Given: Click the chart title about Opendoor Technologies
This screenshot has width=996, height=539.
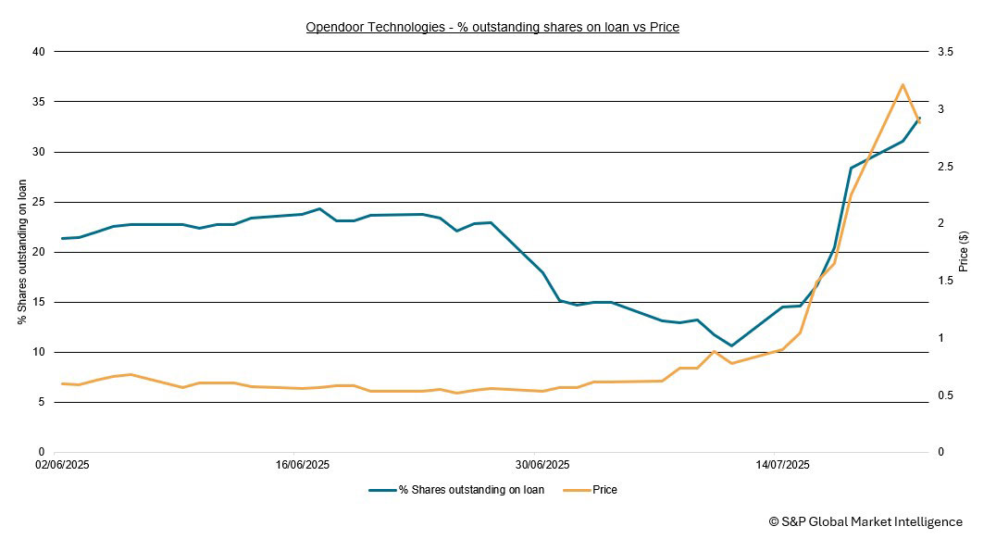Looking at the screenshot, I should click(492, 27).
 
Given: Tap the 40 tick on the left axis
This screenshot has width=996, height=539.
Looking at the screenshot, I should click(38, 52).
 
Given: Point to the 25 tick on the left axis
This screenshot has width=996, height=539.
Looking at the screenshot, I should click(38, 202).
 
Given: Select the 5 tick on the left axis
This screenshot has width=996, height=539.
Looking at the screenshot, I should click(41, 402).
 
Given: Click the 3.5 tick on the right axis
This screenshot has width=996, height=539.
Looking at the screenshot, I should click(945, 52).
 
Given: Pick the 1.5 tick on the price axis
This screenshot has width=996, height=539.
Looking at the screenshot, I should click(945, 281).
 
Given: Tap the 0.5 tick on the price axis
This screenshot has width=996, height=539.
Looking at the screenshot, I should click(945, 395).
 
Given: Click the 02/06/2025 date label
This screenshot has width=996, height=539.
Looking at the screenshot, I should click(63, 464).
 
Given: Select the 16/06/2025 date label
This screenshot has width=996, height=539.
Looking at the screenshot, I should click(302, 464).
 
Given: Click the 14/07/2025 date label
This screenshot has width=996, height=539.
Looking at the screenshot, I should click(782, 464).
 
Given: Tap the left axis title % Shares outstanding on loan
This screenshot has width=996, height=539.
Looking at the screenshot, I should click(22, 252).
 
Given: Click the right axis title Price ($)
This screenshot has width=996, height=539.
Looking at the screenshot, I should click(964, 252).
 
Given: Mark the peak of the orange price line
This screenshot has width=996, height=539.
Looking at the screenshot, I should click(902, 84).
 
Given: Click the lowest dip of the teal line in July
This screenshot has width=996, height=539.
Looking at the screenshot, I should click(731, 346).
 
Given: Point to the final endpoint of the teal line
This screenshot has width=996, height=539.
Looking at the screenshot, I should click(919, 118).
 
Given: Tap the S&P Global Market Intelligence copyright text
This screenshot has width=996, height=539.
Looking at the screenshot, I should click(865, 522).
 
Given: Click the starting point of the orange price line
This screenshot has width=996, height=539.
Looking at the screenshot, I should click(62, 383).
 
